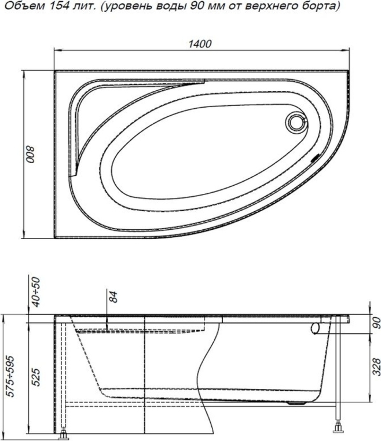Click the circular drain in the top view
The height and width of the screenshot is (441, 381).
pyautogui.click(x=297, y=122)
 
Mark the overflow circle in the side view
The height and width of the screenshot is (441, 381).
pyautogui.click(x=315, y=328)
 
